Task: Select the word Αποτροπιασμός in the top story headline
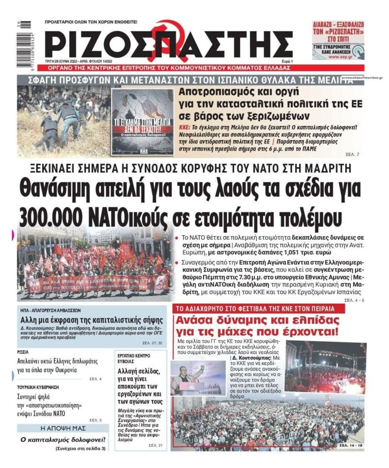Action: [x=218, y=93]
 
